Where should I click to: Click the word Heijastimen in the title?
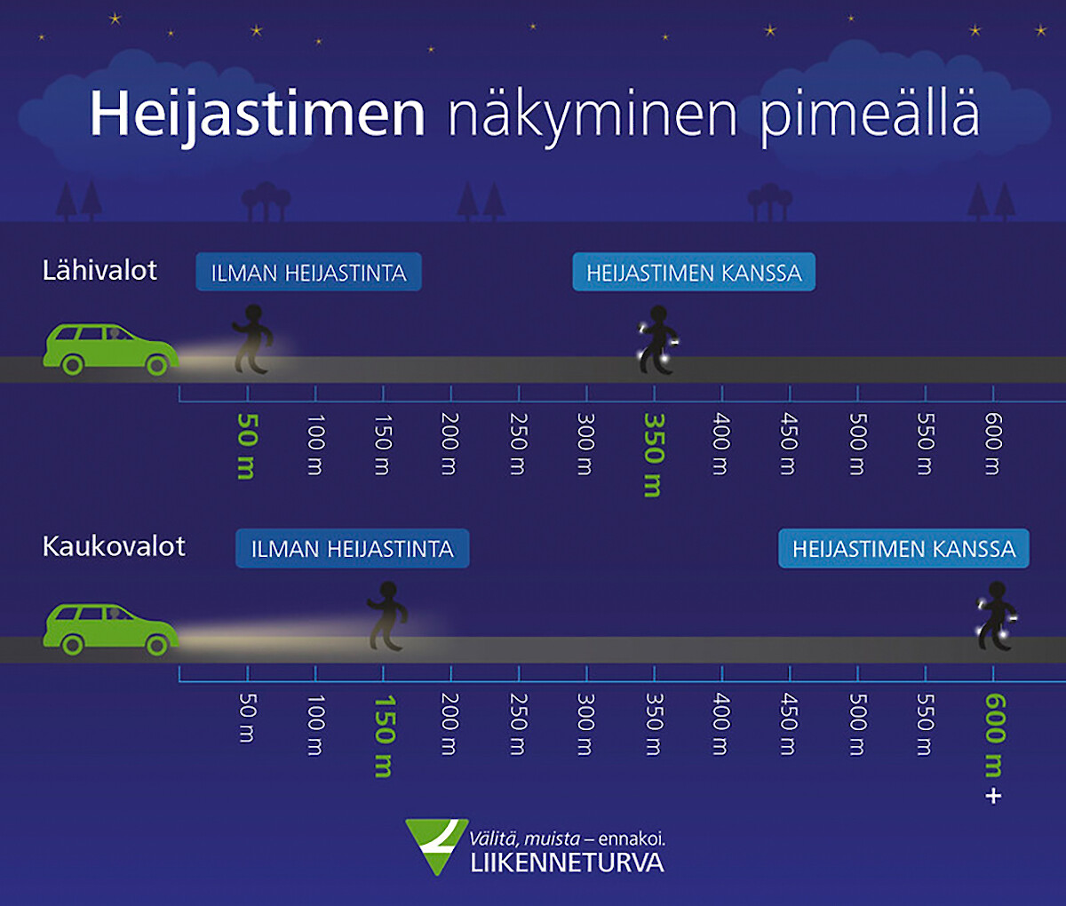pyautogui.click(x=258, y=115)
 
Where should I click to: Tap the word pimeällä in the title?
pyautogui.click(x=869, y=117)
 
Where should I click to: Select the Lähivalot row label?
pyautogui.click(x=99, y=270)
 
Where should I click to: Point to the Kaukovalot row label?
pyautogui.click(x=114, y=546)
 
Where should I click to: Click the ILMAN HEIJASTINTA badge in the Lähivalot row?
pyautogui.click(x=308, y=272)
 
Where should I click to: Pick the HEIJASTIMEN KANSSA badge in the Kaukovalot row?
pyautogui.click(x=903, y=548)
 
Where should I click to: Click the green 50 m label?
pyautogui.click(x=247, y=447)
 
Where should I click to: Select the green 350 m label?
pyautogui.click(x=654, y=456)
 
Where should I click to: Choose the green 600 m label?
pyautogui.click(x=994, y=735)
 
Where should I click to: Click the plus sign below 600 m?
pyautogui.click(x=993, y=797)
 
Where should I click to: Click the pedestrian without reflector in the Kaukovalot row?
pyautogui.click(x=386, y=616)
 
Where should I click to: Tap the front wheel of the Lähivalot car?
pyautogui.click(x=156, y=365)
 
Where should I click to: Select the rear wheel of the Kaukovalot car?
pyautogui.click(x=72, y=645)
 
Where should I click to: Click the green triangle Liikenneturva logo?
pyautogui.click(x=436, y=845)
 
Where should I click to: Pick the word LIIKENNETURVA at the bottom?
pyautogui.click(x=568, y=863)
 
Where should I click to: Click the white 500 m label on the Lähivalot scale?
pyautogui.click(x=857, y=444)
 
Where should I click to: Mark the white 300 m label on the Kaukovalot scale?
pyautogui.click(x=585, y=725)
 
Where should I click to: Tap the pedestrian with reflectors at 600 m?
pyautogui.click(x=997, y=616)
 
